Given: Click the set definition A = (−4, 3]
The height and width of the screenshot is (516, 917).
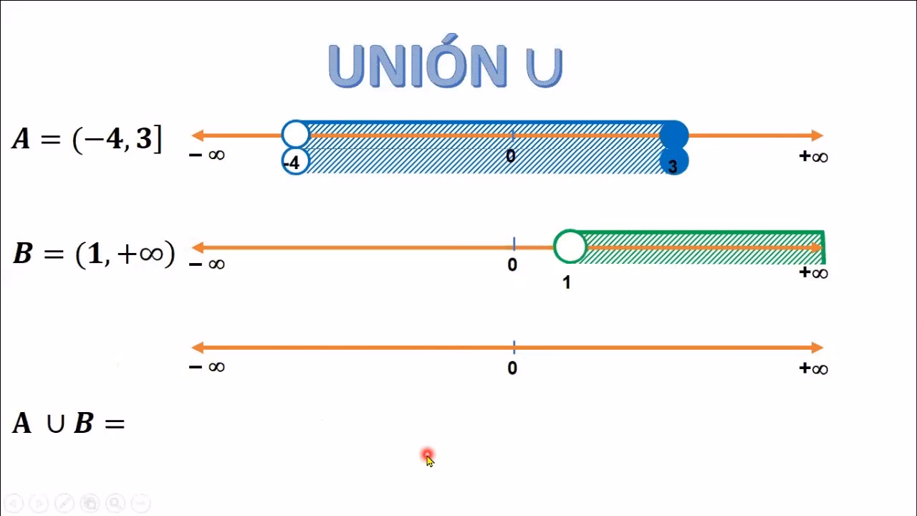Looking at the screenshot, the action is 87,139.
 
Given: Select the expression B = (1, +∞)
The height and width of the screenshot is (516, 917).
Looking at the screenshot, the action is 94,253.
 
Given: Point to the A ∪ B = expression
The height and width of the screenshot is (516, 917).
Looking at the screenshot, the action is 68,423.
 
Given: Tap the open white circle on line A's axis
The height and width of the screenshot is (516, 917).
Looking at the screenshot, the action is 296,134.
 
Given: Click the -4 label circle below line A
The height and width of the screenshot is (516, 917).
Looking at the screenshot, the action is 296,161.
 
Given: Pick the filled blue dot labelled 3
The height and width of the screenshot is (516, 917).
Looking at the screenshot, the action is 674,162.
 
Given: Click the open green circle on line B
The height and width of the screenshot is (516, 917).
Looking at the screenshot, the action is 570,247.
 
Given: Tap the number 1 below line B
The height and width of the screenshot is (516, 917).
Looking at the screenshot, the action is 567,282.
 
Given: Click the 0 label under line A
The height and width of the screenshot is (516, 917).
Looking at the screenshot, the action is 511,156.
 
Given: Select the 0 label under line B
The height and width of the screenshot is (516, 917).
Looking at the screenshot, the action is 512,264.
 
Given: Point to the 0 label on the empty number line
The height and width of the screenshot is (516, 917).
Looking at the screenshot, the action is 512,368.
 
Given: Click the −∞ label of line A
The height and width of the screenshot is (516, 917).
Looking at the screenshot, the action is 207,155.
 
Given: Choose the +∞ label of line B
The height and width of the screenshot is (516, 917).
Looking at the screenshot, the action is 813,272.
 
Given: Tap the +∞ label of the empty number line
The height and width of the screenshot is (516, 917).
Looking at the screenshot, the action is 813,368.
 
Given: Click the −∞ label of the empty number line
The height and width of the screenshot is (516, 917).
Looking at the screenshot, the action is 207,366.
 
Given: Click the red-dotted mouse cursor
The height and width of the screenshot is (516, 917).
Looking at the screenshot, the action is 428,457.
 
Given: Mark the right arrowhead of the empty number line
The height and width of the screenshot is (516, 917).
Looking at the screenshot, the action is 817,348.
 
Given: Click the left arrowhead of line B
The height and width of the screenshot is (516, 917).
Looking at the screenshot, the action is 198,247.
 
